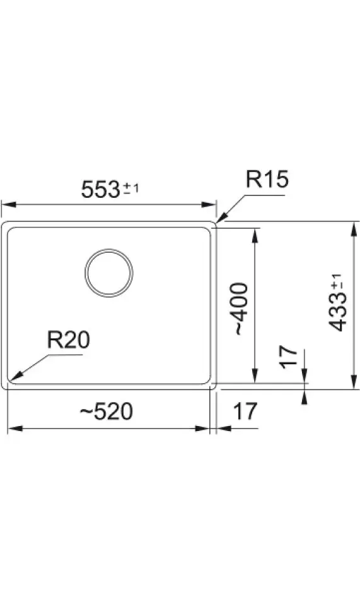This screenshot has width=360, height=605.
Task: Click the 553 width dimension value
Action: click(100, 190)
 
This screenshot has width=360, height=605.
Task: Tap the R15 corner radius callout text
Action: click(267, 180)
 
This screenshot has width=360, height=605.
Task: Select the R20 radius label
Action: click(68, 340)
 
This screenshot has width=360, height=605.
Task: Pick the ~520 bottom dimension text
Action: click(107, 412)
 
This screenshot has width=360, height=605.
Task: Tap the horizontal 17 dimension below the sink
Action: click(245, 412)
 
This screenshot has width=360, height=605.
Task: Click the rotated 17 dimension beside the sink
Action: click(289, 357)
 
